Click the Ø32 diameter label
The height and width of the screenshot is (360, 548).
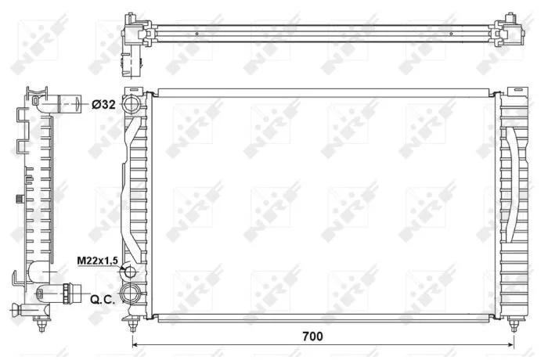103,104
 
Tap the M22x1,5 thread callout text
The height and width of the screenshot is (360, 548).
98,261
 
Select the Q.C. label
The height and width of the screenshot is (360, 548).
103,299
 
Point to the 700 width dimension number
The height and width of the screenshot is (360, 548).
312,337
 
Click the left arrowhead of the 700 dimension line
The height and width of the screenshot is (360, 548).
135,345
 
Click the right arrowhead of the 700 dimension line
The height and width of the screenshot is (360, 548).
510,345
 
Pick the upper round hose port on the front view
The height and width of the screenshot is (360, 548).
132,104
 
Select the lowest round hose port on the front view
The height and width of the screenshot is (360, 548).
130,293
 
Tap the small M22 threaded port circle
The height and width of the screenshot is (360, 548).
130,272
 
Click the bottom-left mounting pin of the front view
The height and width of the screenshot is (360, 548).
132,324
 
